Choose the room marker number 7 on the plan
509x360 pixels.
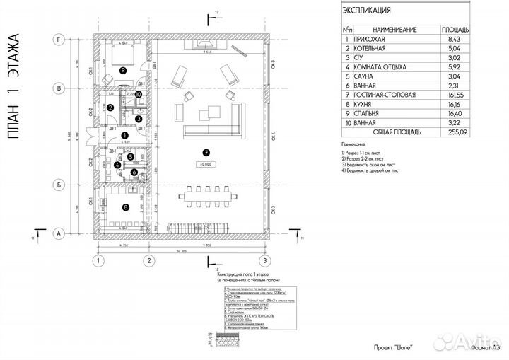point(207,151)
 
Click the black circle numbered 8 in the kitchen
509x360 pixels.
point(125,207)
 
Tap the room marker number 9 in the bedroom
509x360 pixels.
point(123,70)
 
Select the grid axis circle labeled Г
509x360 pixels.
point(61,41)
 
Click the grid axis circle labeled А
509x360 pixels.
point(61,232)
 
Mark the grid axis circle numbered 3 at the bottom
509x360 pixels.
point(268,260)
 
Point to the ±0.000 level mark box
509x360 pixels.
point(207,164)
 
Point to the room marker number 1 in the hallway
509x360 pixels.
point(124,134)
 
